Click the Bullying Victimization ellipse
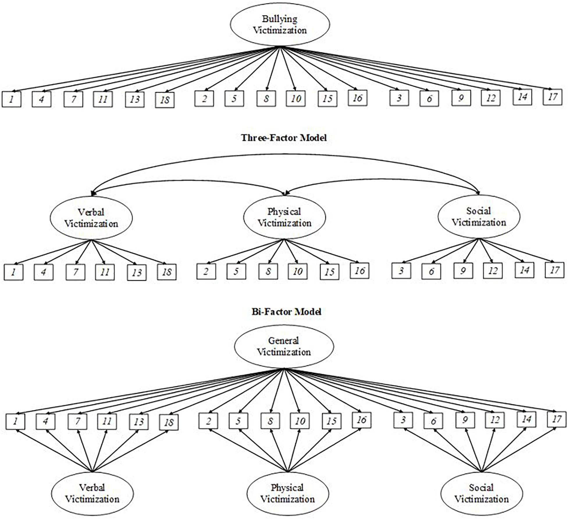pos(280,24)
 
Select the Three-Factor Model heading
pos(284,138)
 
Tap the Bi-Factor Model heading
pos(286,312)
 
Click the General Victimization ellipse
pos(284,346)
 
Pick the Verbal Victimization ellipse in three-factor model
pos(91,218)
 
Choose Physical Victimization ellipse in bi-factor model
pos(287,494)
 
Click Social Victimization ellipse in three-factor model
pos(479,217)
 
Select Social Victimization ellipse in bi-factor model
pos(482,494)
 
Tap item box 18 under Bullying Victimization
pos(165,100)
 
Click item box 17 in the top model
pos(552,97)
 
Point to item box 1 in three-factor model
pos(13,272)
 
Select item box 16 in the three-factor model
pos(359,271)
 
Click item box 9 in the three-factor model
pos(463,271)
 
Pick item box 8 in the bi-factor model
pos(270,421)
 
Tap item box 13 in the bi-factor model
pos(138,422)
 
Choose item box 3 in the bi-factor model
pos(403,420)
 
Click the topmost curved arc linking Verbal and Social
pos(285,155)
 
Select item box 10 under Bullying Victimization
pos(295,99)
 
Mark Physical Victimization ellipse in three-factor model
pos(284,217)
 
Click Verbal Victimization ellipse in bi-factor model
pos(92,494)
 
